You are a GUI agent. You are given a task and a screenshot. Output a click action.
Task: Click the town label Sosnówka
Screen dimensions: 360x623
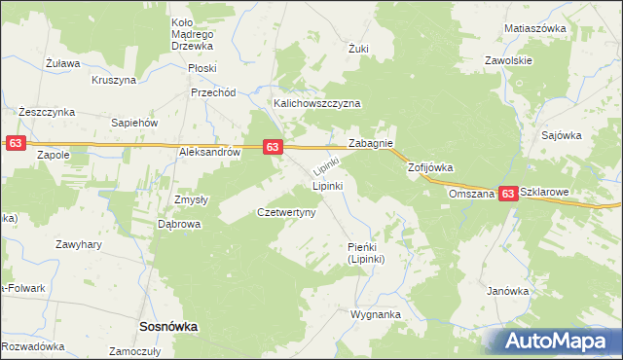(x=168, y=328)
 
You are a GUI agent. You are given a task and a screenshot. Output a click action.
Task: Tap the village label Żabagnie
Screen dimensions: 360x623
(x=371, y=143)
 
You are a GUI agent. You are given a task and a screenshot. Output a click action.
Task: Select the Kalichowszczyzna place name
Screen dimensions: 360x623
(x=317, y=103)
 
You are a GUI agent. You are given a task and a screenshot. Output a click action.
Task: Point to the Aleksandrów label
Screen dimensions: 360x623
(x=208, y=153)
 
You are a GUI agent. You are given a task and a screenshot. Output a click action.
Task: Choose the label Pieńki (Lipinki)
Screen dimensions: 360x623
(x=368, y=254)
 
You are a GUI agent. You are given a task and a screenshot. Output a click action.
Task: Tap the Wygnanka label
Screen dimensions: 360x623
(x=376, y=315)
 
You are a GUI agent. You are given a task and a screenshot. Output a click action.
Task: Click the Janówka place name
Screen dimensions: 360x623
(x=508, y=291)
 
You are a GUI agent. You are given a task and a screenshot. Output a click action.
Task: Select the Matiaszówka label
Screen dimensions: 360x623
(x=535, y=28)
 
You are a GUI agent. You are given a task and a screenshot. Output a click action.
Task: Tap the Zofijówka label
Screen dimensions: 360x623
(x=430, y=167)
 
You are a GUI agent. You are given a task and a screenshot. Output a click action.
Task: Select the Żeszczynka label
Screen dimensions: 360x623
(x=47, y=112)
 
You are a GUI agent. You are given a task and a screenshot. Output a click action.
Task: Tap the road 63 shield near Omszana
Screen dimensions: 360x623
(x=508, y=195)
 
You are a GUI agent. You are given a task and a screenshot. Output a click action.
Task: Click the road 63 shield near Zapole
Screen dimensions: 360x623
(x=15, y=143)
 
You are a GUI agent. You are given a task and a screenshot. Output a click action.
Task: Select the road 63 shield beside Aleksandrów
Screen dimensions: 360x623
(x=273, y=147)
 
